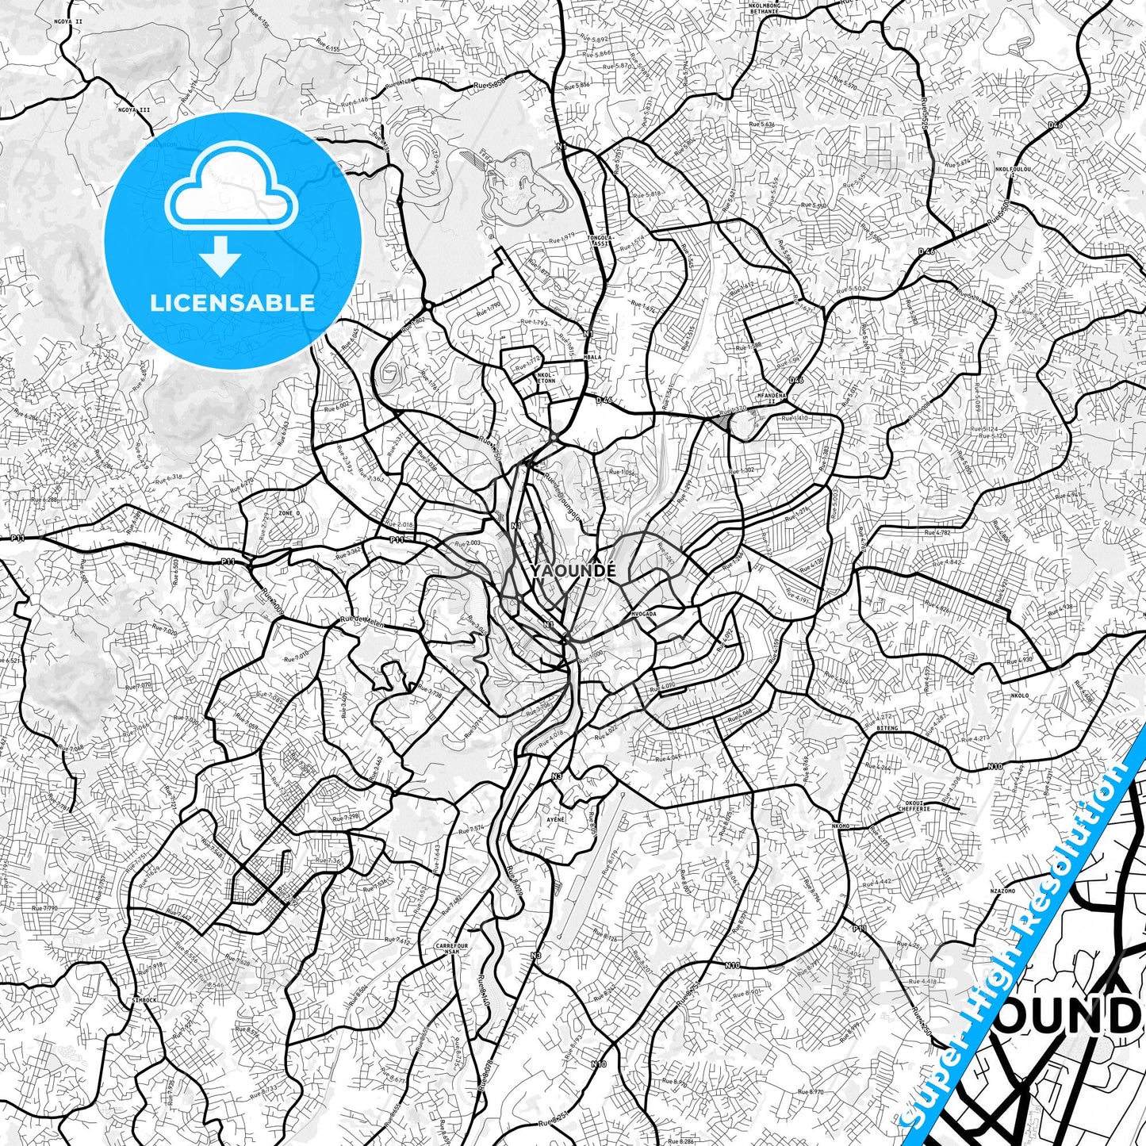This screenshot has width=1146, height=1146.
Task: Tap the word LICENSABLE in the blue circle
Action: pyautogui.click(x=232, y=302)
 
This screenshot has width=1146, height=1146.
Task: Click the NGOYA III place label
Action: pyautogui.click(x=133, y=109)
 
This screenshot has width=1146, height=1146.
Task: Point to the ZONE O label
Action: pyautogui.click(x=289, y=513)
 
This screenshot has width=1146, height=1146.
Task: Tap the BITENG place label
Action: pyautogui.click(x=887, y=727)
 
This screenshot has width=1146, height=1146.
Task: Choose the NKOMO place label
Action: pyautogui.click(x=841, y=826)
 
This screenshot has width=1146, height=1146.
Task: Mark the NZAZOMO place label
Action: pyautogui.click(x=1003, y=891)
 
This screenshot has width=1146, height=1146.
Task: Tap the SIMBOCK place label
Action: pyautogui.click(x=146, y=1001)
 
